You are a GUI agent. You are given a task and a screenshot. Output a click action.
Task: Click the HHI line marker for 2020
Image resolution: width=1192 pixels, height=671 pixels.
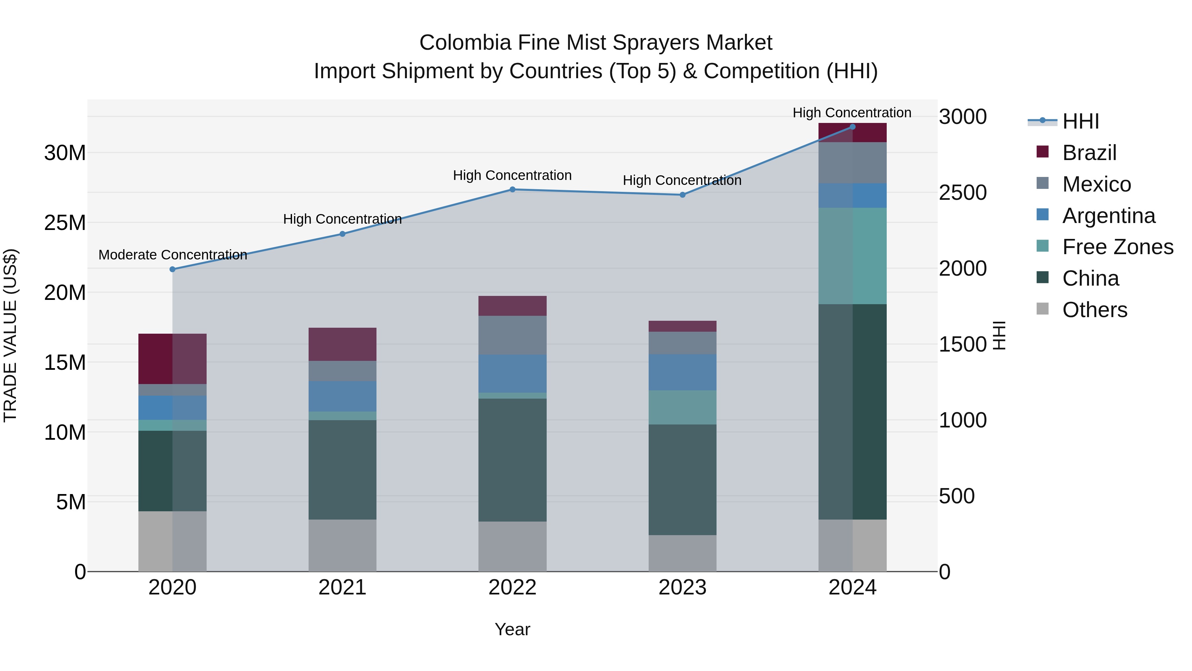173,269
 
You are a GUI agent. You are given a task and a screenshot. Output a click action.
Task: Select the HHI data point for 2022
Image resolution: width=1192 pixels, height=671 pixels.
512,190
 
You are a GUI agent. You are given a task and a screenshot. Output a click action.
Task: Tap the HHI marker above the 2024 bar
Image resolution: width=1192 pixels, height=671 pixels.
852,127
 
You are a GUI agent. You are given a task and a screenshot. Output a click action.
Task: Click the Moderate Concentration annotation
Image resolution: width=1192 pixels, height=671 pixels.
173,255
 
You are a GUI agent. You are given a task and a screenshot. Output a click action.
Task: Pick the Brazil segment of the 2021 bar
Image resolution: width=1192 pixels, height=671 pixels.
342,344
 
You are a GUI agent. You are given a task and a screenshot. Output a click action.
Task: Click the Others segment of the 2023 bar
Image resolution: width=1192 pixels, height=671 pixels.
682,553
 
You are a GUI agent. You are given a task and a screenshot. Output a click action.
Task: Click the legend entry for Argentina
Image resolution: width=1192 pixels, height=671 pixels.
1109,216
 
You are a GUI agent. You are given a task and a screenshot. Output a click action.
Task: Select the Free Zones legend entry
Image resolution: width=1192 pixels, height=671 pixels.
1117,247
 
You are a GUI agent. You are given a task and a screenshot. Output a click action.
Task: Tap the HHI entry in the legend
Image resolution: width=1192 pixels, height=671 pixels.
1080,121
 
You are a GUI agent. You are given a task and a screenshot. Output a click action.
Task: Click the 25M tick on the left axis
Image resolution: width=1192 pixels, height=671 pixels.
65,223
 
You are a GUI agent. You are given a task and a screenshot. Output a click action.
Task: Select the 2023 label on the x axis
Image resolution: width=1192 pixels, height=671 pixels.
682,587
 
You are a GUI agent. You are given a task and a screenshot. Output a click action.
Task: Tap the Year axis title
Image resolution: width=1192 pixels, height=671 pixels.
512,629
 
